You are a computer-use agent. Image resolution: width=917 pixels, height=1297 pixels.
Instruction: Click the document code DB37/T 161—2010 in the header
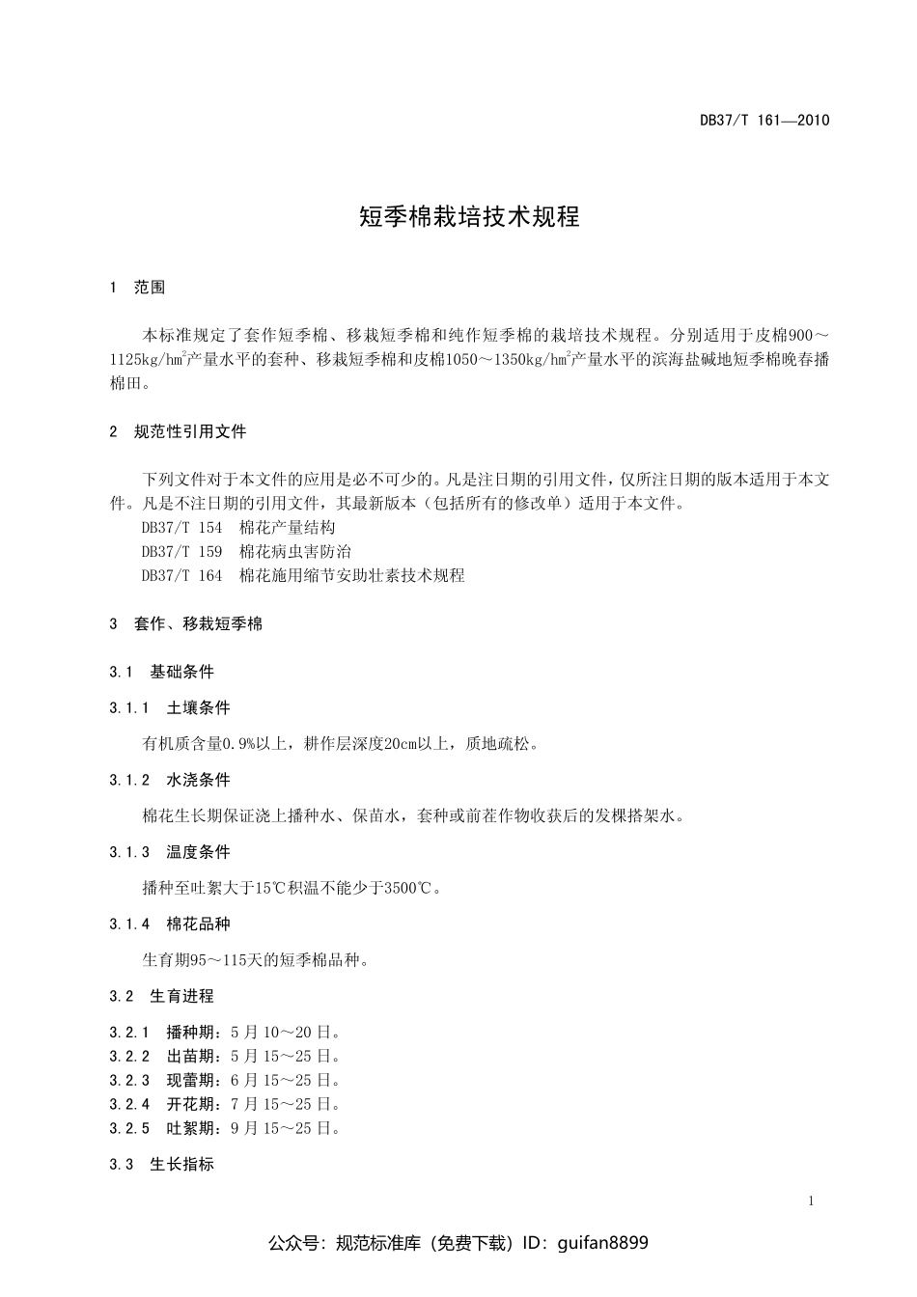764,121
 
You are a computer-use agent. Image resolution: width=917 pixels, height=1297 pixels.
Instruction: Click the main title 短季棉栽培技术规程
469,216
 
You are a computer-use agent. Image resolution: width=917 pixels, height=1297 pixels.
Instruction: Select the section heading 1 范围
138,288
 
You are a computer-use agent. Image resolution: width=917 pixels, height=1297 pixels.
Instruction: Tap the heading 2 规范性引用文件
179,432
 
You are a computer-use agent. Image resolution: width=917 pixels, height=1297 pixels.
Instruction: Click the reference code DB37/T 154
181,528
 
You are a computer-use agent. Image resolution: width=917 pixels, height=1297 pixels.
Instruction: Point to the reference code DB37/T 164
181,576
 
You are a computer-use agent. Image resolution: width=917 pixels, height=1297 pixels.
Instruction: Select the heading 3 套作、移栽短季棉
186,624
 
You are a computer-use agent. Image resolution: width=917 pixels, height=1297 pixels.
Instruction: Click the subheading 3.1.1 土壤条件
170,708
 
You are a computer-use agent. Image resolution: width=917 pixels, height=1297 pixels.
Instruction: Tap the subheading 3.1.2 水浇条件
170,781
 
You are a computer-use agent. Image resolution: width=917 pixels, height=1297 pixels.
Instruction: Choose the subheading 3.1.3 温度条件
170,852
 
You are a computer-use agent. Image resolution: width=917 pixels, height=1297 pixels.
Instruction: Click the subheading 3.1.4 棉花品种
170,924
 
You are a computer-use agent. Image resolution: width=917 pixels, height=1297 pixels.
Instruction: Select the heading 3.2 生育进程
162,996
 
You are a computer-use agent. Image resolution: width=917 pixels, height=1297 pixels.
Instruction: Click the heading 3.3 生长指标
162,1165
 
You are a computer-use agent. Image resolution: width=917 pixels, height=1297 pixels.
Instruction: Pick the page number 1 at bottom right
811,1201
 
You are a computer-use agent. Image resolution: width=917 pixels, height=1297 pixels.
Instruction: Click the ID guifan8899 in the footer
603,1243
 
